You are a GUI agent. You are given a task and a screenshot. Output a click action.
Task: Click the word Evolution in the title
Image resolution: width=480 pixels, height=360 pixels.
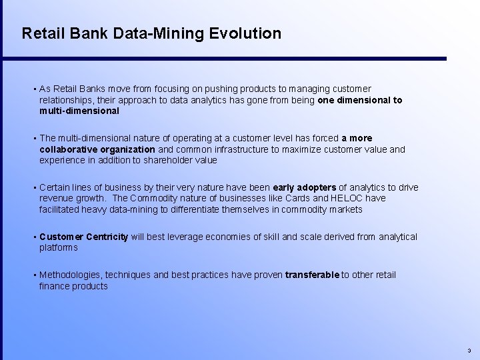click(x=244, y=33)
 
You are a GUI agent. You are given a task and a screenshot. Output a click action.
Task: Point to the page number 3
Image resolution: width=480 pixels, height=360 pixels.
click(x=469, y=350)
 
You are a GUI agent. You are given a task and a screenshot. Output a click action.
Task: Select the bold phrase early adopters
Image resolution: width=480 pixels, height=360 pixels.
click(x=305, y=188)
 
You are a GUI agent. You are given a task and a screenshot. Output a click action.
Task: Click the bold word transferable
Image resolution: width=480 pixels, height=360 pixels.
click(x=312, y=275)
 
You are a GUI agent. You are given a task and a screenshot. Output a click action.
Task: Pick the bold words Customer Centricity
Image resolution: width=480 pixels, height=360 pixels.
click(x=83, y=237)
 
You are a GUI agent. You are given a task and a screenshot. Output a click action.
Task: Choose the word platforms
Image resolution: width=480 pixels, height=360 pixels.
click(x=58, y=247)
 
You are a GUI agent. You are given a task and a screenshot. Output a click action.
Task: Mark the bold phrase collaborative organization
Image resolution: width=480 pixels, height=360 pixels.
click(x=97, y=149)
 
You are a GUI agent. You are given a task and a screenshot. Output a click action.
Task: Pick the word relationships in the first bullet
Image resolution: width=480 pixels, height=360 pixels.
click(x=66, y=100)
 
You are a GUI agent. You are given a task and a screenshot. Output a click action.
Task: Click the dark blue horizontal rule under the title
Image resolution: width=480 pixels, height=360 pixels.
click(x=233, y=59)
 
